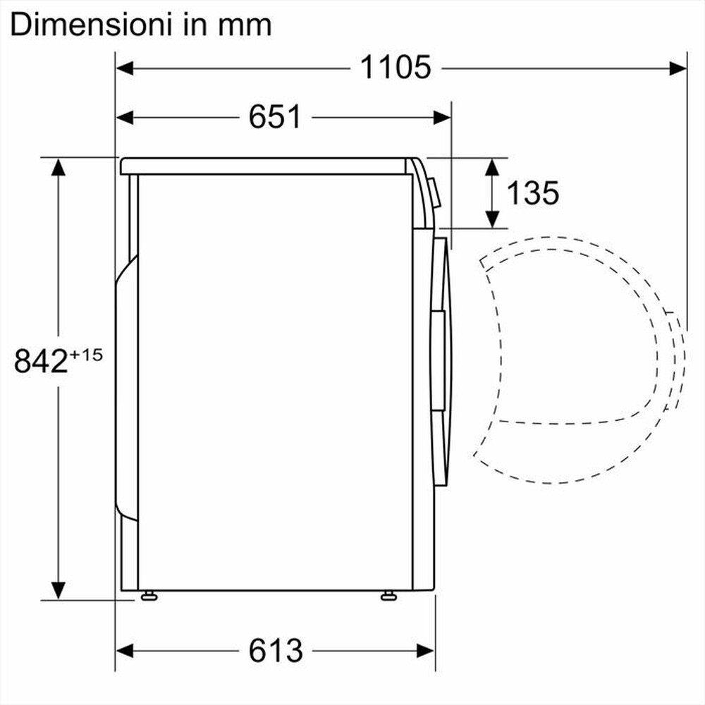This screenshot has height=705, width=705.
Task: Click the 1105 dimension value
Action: [x=396, y=68]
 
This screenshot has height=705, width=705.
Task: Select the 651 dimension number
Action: [x=275, y=117]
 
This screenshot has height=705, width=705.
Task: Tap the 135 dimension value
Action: [x=533, y=192]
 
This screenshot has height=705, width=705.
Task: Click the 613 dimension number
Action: [x=276, y=649]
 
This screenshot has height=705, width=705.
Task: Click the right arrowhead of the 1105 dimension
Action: [x=678, y=68]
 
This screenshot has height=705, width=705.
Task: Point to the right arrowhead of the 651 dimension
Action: [x=441, y=117]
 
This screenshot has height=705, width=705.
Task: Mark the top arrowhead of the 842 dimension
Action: [x=58, y=167]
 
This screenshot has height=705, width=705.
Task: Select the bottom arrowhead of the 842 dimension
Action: [x=58, y=589]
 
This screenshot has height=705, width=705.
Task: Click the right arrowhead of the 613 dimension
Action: [x=426, y=649]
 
